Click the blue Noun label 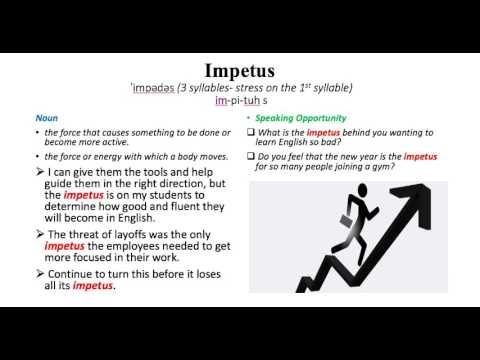click(46, 117)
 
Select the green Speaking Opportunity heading click(293, 117)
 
